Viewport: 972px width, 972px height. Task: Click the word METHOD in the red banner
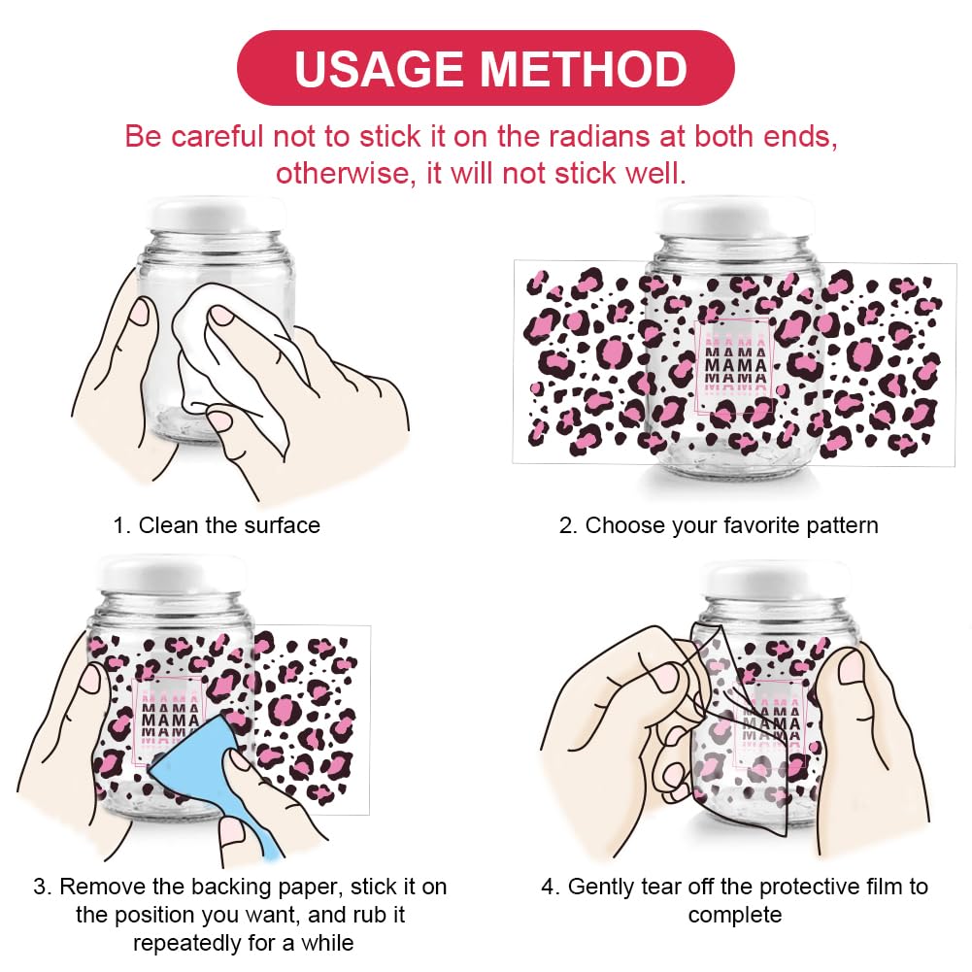tap(584, 69)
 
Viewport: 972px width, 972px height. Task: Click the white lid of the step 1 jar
tap(216, 216)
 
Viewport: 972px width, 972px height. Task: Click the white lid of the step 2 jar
tap(734, 217)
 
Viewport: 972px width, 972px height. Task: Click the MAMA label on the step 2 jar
tap(736, 365)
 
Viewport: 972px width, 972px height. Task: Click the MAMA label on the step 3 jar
tap(167, 720)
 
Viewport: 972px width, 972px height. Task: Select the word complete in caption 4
tap(734, 916)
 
